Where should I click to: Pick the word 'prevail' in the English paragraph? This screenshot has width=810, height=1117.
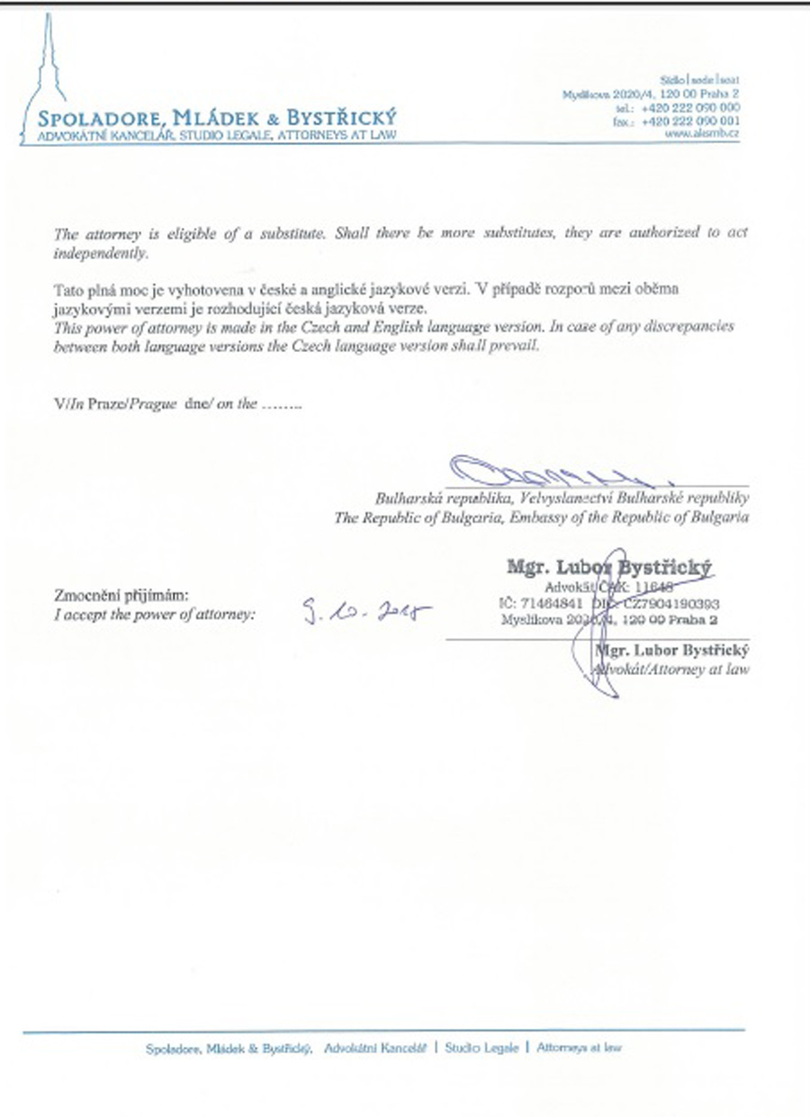point(517,346)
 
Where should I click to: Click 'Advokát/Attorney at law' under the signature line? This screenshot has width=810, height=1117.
point(674,669)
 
